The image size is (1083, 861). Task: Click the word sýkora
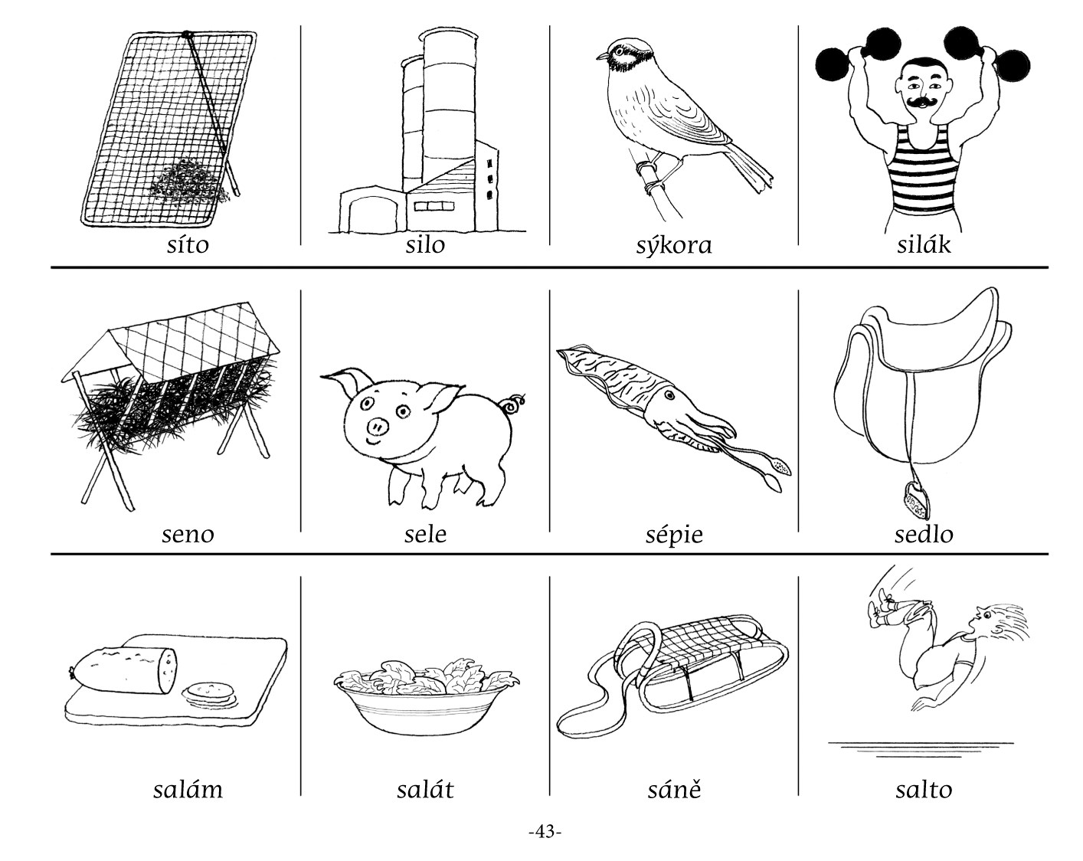(674, 246)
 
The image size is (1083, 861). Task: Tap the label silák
(924, 244)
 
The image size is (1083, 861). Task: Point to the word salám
(188, 789)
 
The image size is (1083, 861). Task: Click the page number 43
(545, 831)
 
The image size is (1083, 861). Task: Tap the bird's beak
(603, 56)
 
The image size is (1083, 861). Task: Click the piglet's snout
(378, 427)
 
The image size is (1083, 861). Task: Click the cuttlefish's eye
(669, 395)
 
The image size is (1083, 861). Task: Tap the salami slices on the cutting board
(209, 692)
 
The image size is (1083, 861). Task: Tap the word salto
(924, 789)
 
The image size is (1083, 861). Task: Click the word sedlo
(924, 534)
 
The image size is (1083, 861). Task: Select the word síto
(188, 245)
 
